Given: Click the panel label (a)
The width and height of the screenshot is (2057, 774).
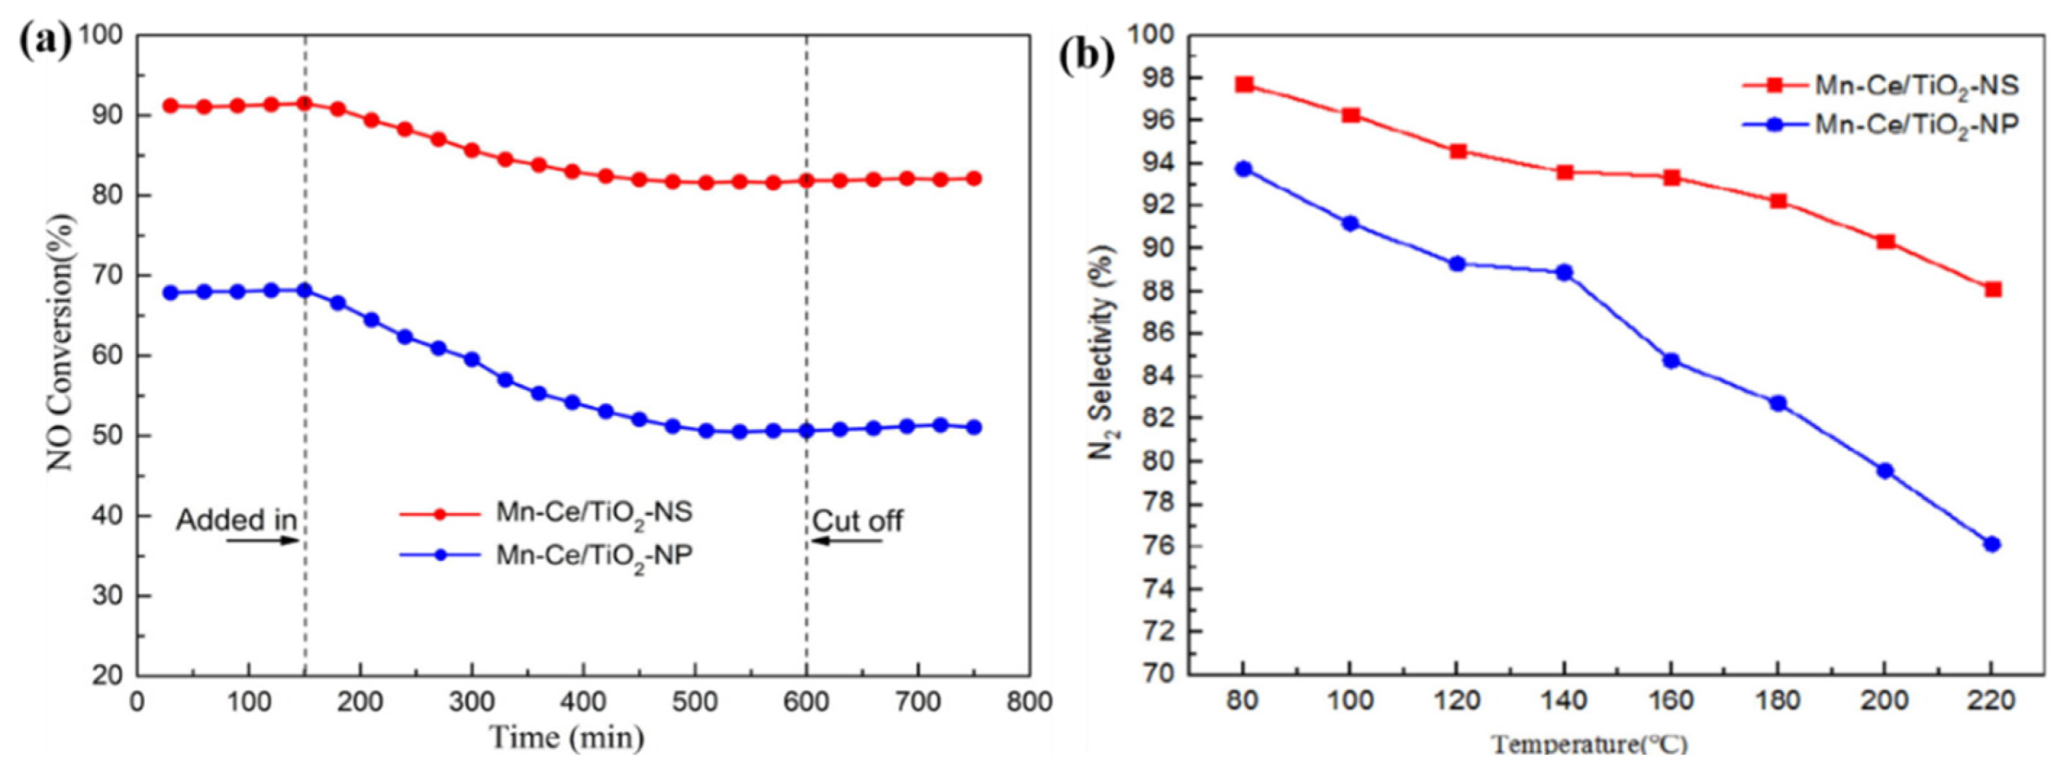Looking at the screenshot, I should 44,42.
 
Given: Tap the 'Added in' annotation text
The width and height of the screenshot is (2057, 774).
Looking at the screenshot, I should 237,520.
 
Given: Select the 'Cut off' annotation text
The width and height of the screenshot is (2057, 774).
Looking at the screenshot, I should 857,521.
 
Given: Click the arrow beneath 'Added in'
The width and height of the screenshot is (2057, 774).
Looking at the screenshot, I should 263,541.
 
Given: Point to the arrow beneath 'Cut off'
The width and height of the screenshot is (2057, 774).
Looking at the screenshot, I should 846,541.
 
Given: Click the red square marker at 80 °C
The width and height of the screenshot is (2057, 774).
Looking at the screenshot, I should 1244,85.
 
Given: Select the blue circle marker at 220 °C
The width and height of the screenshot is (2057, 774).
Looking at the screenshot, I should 1992,544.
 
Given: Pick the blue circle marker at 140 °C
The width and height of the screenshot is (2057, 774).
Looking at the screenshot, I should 1564,273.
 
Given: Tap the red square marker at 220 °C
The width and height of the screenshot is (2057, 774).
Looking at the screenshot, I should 1992,290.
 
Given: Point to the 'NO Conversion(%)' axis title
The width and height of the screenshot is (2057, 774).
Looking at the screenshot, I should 61,341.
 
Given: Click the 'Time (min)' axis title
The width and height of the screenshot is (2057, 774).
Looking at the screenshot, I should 565,739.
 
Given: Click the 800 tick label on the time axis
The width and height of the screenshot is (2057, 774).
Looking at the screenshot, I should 1029,703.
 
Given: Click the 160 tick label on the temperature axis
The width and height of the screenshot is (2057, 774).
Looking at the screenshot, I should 1671,702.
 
